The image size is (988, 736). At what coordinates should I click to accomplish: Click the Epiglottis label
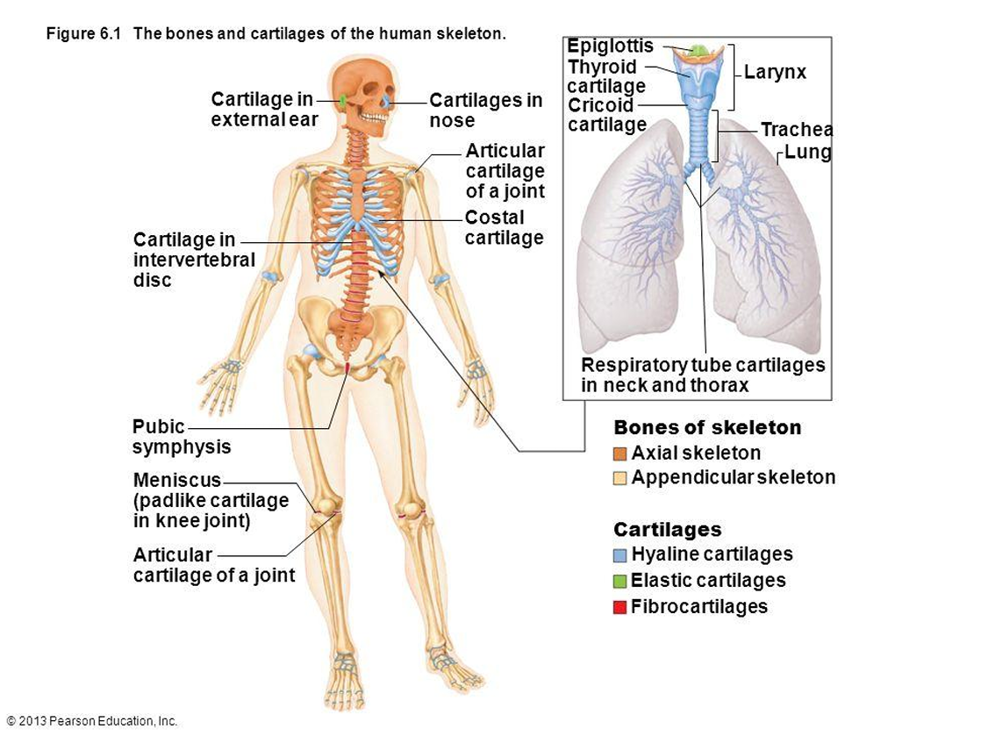click(x=610, y=46)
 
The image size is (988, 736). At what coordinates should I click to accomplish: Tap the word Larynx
click(x=775, y=73)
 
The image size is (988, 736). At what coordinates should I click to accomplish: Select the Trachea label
click(x=796, y=130)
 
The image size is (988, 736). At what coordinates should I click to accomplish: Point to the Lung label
click(x=807, y=153)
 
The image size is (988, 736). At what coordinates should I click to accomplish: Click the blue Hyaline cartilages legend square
click(x=620, y=555)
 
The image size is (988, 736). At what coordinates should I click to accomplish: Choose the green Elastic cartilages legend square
click(x=620, y=581)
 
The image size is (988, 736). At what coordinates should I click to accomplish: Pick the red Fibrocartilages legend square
click(x=620, y=607)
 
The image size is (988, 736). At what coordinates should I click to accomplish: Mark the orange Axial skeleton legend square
click(x=620, y=454)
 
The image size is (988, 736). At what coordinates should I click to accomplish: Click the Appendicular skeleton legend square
click(x=620, y=478)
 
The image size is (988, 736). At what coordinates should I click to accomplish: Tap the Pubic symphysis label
click(x=181, y=437)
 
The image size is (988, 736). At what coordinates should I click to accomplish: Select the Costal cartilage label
click(x=504, y=227)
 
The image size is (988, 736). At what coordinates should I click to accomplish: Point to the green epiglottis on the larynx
click(x=699, y=51)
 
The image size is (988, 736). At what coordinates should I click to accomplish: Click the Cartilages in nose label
click(x=485, y=111)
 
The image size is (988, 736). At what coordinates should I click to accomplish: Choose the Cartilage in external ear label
click(x=263, y=111)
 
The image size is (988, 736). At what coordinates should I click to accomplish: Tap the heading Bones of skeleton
click(x=707, y=428)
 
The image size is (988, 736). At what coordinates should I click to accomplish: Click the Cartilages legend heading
click(x=667, y=530)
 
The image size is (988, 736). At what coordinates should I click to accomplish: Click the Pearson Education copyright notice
click(x=91, y=721)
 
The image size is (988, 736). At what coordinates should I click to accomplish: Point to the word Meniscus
click(x=177, y=480)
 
